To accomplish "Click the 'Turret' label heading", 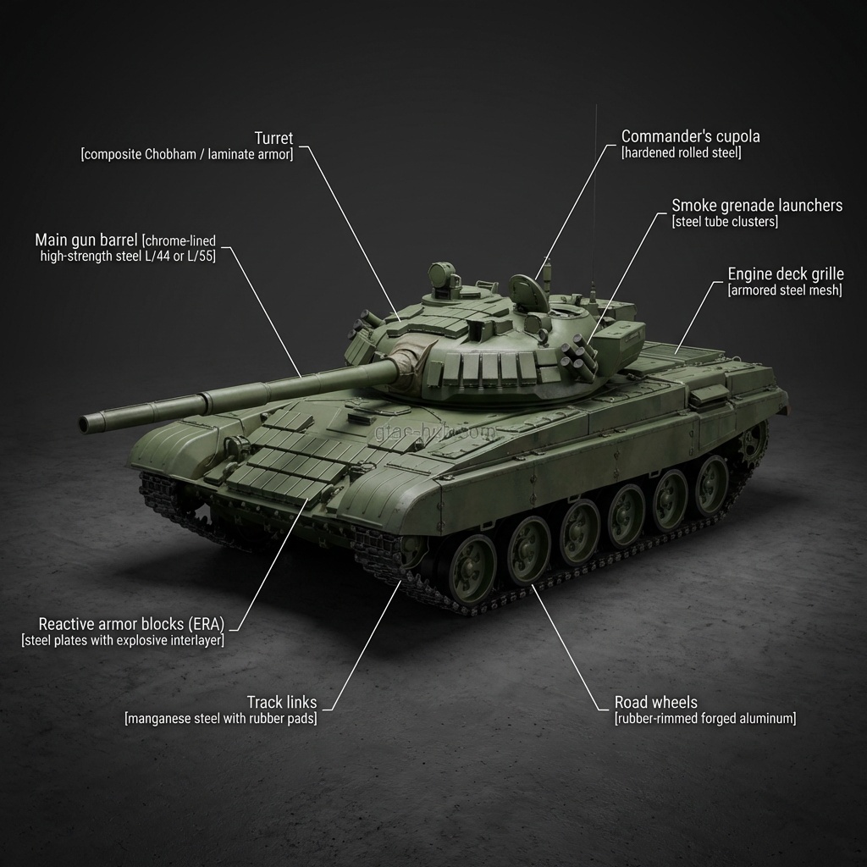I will (274, 138).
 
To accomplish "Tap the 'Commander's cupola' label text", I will (690, 136).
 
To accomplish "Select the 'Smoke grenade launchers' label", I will (757, 205).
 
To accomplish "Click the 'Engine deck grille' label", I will (786, 274).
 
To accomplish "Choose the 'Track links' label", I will (282, 702).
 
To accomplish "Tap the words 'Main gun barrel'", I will (86, 240).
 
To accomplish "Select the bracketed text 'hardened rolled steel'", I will (681, 153).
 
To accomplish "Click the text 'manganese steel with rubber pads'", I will (220, 719).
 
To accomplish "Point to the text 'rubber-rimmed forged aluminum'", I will (705, 719).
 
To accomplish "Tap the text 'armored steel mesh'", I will (784, 290).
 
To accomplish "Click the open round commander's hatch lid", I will (529, 293).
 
